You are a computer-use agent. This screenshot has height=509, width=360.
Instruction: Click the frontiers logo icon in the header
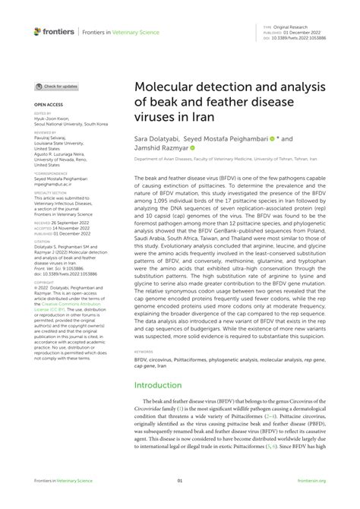coord(38,32)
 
